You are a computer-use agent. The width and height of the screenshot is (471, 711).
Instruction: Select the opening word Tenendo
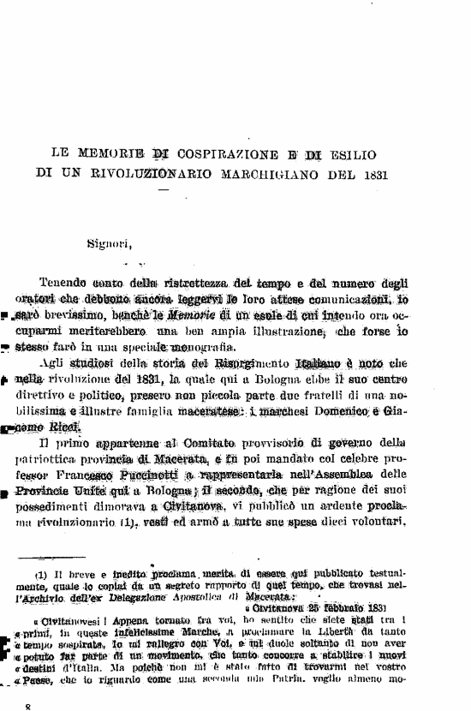click(x=68, y=284)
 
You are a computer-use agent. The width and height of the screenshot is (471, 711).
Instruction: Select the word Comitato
click(x=194, y=445)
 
